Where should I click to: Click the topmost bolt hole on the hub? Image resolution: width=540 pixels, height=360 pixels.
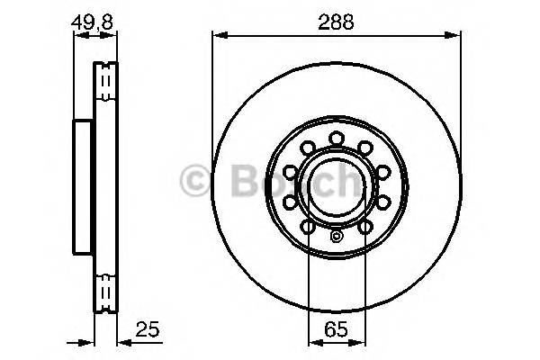[335, 137]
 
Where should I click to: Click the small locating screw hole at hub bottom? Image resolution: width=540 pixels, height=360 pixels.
[336, 238]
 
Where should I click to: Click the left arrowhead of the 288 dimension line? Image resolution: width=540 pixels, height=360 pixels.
[218, 36]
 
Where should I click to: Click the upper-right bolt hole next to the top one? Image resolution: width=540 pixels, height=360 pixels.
[365, 147]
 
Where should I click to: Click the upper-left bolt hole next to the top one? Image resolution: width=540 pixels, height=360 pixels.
[306, 147]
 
